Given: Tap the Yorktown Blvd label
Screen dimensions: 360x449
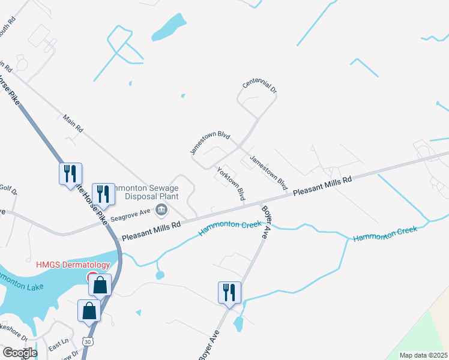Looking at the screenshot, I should point(231,184).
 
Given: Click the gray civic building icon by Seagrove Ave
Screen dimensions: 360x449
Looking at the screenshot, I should point(161,209).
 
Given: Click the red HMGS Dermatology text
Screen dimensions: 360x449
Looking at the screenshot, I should point(73,265).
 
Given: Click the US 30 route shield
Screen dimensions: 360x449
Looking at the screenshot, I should point(88,342).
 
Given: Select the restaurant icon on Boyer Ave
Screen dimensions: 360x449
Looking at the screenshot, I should point(230,292).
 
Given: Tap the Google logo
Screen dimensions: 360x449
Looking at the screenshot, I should point(19,353).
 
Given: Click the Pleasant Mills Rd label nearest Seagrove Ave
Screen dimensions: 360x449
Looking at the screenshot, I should point(151,230).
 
